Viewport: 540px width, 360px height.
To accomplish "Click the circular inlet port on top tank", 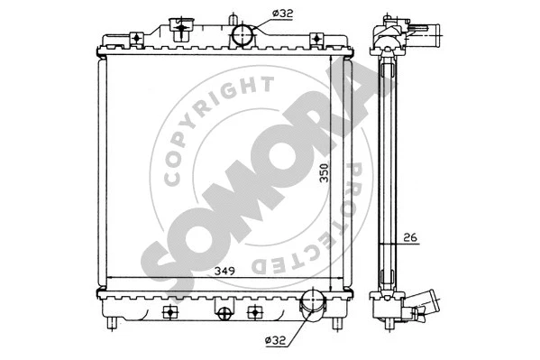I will tap(243, 36).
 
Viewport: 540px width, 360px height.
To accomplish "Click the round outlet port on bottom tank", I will tap(313, 304).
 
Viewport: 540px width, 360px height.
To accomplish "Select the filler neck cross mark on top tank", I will tap(179, 29).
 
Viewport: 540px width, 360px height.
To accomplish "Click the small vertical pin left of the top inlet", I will tap(233, 20).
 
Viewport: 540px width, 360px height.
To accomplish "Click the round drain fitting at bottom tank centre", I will tap(223, 313).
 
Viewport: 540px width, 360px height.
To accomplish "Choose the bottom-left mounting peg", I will tap(112, 322).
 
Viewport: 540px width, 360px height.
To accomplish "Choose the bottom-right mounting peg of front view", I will tap(338, 322).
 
